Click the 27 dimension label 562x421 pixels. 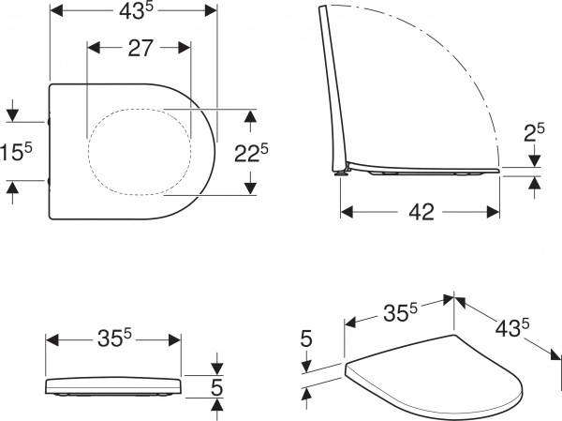tap(140, 48)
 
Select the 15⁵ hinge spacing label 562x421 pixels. tap(16, 152)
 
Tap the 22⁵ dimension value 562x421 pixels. tap(251, 153)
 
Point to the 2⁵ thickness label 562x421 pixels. tap(534, 132)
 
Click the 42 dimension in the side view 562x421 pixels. tap(421, 212)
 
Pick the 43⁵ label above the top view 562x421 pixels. tap(136, 10)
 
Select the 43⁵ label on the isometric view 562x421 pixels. tap(512, 328)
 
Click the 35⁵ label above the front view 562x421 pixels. tap(114, 338)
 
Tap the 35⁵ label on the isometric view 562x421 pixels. tap(400, 312)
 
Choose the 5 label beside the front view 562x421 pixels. tap(216, 387)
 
